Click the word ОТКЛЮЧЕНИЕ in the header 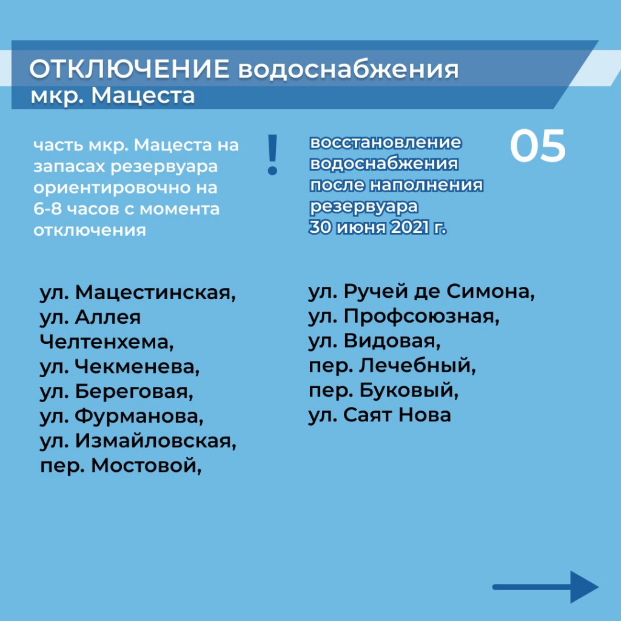pyautogui.click(x=129, y=69)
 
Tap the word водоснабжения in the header pyautogui.click(x=348, y=70)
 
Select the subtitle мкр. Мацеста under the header pyautogui.click(x=113, y=96)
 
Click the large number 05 pyautogui.click(x=537, y=146)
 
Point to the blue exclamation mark pyautogui.click(x=272, y=155)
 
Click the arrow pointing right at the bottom pyautogui.click(x=545, y=586)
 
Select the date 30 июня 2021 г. pyautogui.click(x=378, y=227)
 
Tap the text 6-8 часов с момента pyautogui.click(x=126, y=209)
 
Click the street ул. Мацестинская pyautogui.click(x=138, y=293)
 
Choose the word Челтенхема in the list pyautogui.click(x=107, y=342)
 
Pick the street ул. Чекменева pyautogui.click(x=119, y=367)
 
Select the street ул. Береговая pyautogui.click(x=116, y=391)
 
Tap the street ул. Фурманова pyautogui.click(x=121, y=416)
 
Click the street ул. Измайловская pyautogui.click(x=138, y=441)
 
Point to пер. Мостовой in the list pyautogui.click(x=121, y=466)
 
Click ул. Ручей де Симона pyautogui.click(x=422, y=292)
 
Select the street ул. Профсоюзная pyautogui.click(x=404, y=317)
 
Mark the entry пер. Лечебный pyautogui.click(x=392, y=366)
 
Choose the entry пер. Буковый pyautogui.click(x=384, y=391)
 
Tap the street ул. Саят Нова pyautogui.click(x=380, y=415)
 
